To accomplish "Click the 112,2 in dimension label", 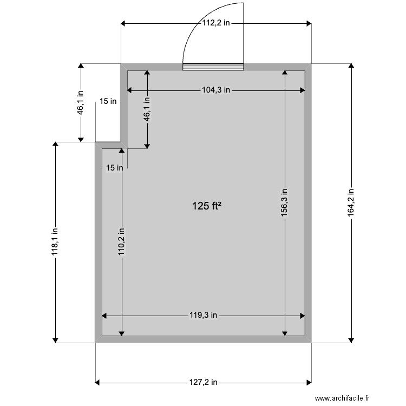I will tap(216, 23).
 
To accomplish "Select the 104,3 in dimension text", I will tap(216, 90).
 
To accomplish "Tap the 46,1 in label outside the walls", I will tap(81, 102).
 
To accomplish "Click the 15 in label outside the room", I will tap(108, 101).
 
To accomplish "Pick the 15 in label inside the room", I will tap(114, 168).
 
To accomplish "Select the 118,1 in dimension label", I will tap(55, 242).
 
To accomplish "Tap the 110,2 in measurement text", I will tap(122, 241).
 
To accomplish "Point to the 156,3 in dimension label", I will tap(285, 203).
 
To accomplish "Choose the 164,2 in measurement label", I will tap(351, 202).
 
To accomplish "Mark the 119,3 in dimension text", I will tap(204, 315).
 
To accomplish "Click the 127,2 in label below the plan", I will tap(204, 382).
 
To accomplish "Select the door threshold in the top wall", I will tap(213, 67).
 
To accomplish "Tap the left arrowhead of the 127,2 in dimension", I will tap(98, 382).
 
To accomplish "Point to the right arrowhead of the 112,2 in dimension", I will tap(309, 23).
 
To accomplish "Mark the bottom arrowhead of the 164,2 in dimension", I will tap(351, 339).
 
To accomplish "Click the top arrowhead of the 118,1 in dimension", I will tap(55, 145).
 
